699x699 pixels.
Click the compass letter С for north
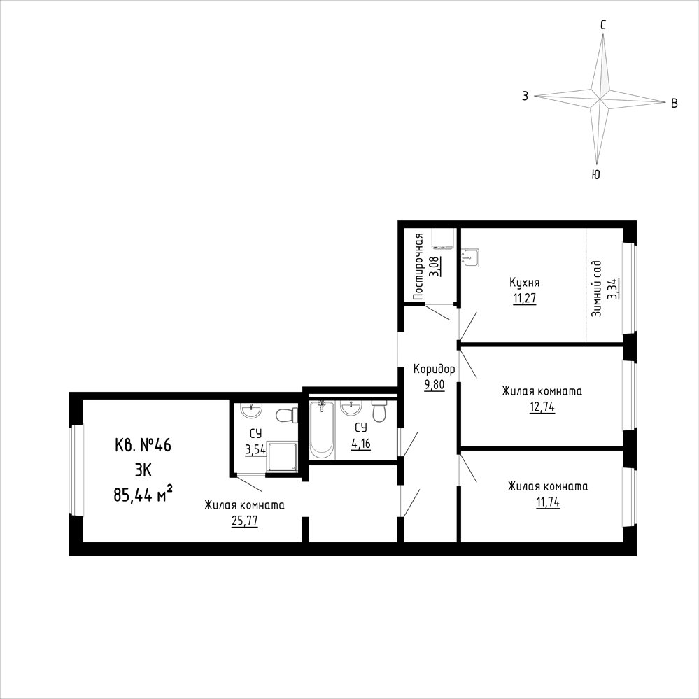602,25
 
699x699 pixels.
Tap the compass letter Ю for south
595,174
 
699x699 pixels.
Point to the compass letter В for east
675,104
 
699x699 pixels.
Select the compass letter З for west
525,96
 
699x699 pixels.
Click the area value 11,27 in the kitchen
524,298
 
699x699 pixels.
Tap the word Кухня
525,283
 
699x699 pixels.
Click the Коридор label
435,369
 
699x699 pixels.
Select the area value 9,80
435,385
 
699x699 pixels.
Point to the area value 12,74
542,407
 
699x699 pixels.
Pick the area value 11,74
548,502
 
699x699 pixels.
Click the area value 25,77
244,521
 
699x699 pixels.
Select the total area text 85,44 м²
143,494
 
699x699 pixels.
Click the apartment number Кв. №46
143,445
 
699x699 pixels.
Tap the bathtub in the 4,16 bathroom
321,430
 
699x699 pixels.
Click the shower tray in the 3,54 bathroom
281,456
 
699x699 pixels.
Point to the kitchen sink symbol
470,257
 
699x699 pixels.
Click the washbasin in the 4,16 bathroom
351,407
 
